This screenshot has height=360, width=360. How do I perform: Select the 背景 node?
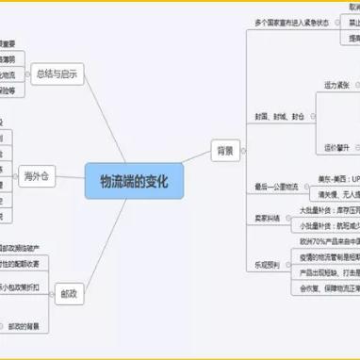(x=223, y=149)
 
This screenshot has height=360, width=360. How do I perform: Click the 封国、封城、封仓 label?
(x=278, y=117)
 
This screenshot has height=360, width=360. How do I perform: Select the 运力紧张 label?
(x=338, y=85)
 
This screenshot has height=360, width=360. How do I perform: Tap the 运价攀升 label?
(x=338, y=148)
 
